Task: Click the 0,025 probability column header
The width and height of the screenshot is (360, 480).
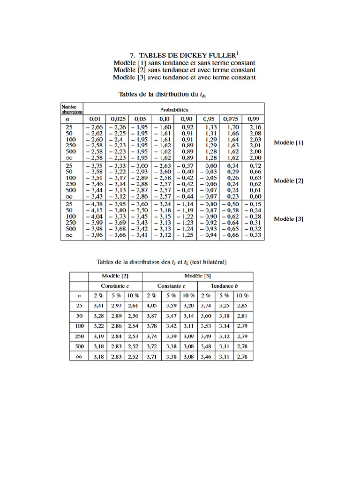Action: click(117, 119)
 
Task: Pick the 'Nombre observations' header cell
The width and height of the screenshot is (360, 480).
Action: click(72, 109)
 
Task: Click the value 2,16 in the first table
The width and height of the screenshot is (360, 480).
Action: click(255, 127)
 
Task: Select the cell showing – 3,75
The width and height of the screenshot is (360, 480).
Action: click(94, 166)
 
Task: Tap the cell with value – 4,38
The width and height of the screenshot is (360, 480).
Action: click(94, 205)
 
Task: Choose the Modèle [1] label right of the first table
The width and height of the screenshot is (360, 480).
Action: click(288, 142)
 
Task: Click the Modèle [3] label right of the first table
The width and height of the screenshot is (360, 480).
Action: click(288, 219)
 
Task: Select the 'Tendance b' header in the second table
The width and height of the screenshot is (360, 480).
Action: click(225, 286)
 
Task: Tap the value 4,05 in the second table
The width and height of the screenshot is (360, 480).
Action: click(151, 306)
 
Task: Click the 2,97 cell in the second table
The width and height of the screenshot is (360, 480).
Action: click(116, 306)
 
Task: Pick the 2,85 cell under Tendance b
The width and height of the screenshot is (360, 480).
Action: click(242, 306)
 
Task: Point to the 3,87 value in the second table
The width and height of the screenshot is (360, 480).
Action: click(151, 316)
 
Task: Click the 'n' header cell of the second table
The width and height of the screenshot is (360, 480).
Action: click(79, 296)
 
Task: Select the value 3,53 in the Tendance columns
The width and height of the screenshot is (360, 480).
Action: click(206, 326)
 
